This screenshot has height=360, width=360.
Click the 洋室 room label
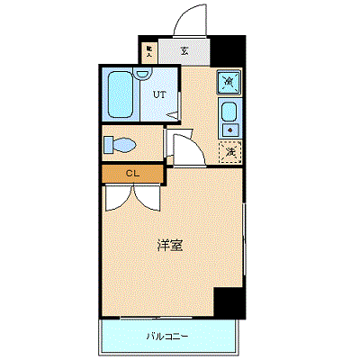(x=170, y=245)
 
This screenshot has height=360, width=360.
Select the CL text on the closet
(x=132, y=173)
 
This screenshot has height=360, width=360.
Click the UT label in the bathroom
(x=159, y=94)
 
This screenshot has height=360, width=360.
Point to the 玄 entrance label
(x=184, y=52)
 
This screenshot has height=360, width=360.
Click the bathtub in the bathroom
(x=119, y=96)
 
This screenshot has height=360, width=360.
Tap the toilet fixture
(x=118, y=145)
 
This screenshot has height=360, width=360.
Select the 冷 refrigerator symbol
(x=229, y=84)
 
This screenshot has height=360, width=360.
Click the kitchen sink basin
(x=229, y=113)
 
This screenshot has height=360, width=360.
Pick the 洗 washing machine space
(x=230, y=151)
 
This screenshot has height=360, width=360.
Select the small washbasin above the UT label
(x=142, y=76)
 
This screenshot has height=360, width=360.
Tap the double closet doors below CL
(x=132, y=195)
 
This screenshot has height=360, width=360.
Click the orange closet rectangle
(x=132, y=173)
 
